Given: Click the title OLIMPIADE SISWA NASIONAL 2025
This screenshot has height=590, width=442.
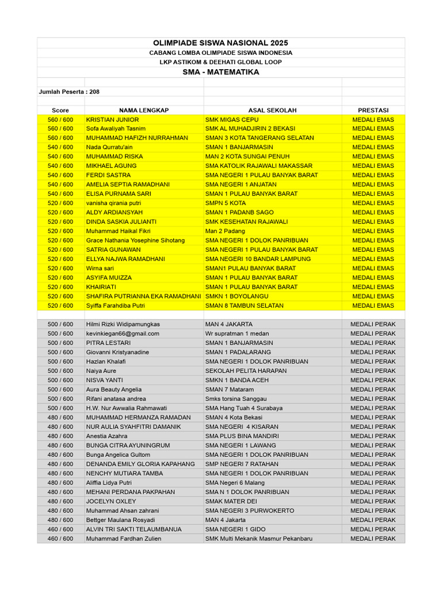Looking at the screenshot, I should pos(220,43).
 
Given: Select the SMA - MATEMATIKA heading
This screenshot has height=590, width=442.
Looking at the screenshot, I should pos(220,72).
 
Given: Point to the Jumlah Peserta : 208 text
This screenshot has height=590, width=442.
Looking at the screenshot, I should pos(64,92).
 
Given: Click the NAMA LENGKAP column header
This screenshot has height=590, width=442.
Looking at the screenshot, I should pos(144,110).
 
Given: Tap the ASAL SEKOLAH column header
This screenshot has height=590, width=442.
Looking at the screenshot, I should pos(272,110).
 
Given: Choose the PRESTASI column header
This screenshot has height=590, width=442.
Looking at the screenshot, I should pos(373,110).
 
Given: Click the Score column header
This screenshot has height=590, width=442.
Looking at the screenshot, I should pos(60,110).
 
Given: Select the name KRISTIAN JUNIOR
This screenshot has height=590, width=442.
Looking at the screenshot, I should pos(113,119).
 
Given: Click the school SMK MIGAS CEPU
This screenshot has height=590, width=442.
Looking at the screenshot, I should pos(232,119).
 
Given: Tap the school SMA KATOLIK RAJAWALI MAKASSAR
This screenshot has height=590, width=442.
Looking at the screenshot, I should pos(259,165).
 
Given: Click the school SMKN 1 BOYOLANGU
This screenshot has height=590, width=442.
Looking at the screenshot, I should pos(235,296).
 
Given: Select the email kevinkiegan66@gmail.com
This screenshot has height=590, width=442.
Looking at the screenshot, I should pos(123,334).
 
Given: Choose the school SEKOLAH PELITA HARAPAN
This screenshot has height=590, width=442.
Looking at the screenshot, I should pos(246,371).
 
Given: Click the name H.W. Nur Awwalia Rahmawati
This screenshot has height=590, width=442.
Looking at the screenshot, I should pos(127,408).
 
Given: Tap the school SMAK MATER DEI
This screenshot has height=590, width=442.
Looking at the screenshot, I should pos(231,501).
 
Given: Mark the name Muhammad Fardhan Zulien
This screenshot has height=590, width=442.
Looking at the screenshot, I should pos(124,539).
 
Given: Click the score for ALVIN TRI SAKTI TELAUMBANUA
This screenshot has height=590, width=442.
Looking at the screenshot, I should pos(60,529).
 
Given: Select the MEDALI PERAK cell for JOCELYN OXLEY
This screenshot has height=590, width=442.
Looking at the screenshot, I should pos(373,501).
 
